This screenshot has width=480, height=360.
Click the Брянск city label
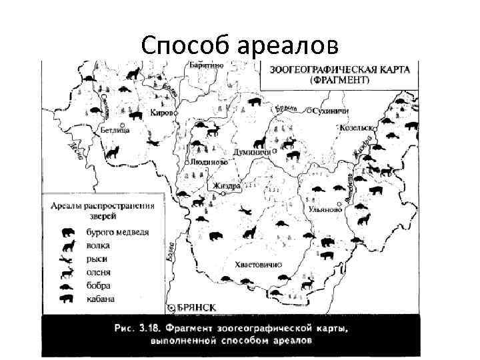[x=197, y=307]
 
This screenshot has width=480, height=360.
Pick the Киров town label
[x=162, y=113]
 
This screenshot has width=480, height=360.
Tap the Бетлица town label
[x=115, y=131]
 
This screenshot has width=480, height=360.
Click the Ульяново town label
[x=327, y=209]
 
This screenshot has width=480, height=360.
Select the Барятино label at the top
[x=206, y=65]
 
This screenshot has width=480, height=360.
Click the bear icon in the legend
[x=68, y=233]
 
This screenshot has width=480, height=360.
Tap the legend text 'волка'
[x=98, y=245]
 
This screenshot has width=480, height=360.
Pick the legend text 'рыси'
[x=97, y=259]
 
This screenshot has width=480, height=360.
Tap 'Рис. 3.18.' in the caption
[x=135, y=328]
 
